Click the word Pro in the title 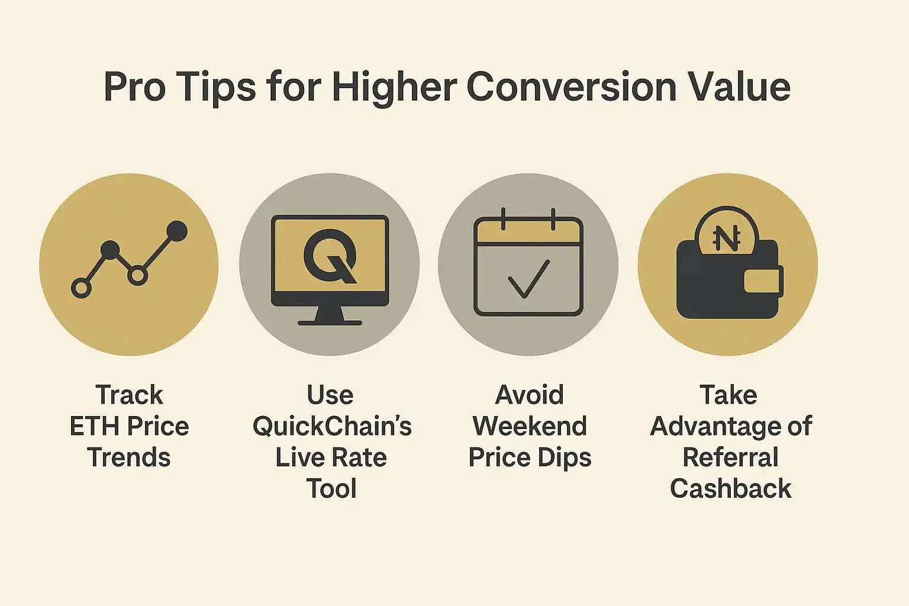(134, 87)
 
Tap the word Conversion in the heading (571, 87)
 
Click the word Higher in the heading (394, 89)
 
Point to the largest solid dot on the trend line (177, 231)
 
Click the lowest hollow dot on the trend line (81, 288)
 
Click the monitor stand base (330, 323)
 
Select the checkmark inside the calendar (528, 279)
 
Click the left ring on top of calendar (503, 219)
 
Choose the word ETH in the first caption (95, 426)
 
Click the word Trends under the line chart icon (128, 457)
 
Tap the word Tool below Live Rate (331, 488)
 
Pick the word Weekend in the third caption (530, 426)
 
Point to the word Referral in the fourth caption (730, 457)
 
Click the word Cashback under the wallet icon (730, 488)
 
